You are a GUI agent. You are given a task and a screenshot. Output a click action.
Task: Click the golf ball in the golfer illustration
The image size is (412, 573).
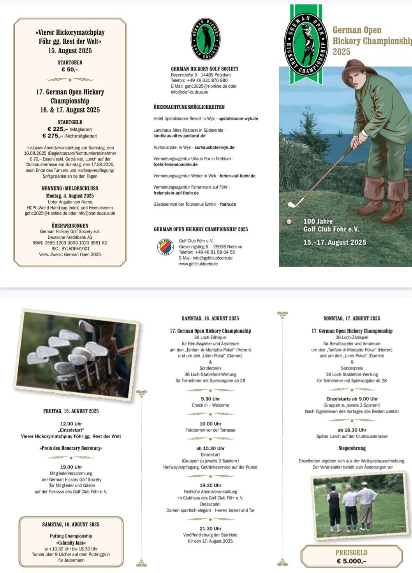point(289,221)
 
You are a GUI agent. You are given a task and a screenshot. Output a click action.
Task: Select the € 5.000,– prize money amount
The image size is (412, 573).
point(352,561)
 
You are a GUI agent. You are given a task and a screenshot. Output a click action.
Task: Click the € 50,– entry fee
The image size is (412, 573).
point(70,70)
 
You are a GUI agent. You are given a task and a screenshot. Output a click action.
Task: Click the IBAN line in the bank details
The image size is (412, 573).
point(70,243)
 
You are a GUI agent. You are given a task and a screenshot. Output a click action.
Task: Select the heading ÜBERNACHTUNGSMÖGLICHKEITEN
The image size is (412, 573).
point(189,107)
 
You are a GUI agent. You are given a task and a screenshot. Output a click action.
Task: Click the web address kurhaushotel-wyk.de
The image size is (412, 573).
point(214,148)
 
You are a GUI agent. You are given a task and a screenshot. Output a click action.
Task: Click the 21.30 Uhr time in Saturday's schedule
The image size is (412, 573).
point(210,529)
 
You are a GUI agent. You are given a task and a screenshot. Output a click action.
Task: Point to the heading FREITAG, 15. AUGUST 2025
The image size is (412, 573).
point(71,411)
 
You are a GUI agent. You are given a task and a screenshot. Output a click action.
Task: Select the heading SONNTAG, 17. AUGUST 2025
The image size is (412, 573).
point(352,318)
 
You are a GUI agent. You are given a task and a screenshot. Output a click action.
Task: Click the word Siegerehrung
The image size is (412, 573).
point(352,448)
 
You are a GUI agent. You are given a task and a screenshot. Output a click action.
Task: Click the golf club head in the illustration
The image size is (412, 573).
point(293,203)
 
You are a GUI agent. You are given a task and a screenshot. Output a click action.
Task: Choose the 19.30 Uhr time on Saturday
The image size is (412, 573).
point(210,485)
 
